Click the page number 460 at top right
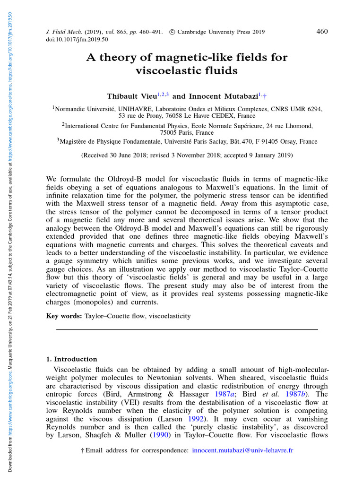point(321,32)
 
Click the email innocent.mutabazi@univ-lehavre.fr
point(242,450)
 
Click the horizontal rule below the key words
point(187,329)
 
